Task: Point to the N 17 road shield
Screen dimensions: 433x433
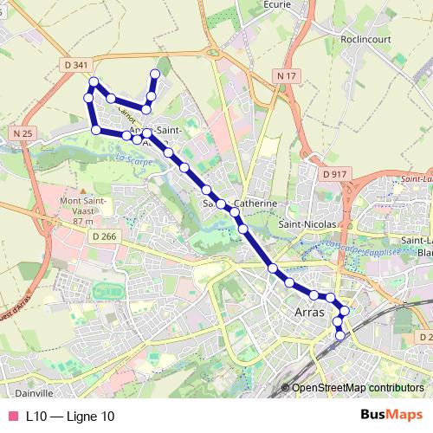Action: (x=288, y=76)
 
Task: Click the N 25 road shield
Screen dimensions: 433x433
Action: (x=23, y=132)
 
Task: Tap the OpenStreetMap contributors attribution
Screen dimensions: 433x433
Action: (x=357, y=388)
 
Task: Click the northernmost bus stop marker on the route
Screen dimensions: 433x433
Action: (x=156, y=74)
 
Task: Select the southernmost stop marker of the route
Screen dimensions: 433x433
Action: (x=340, y=335)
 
